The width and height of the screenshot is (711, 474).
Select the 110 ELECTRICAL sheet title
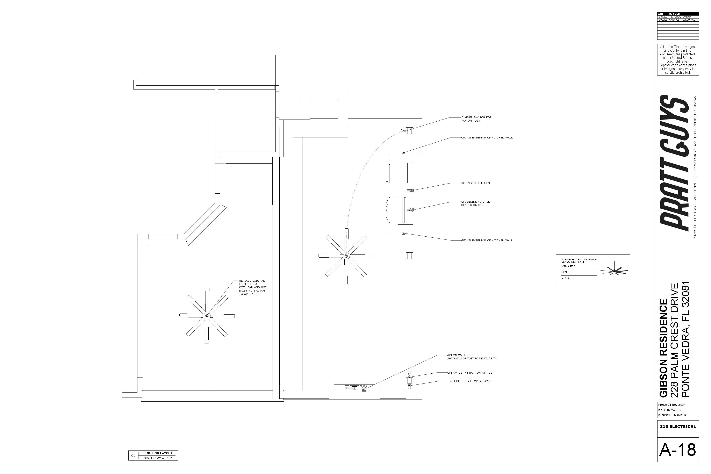pyautogui.click(x=678, y=426)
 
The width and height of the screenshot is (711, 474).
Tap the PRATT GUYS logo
pyautogui.click(x=674, y=163)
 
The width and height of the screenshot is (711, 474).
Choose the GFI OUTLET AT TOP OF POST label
pyautogui.click(x=470, y=381)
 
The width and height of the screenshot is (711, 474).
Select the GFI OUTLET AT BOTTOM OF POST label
pyautogui.click(x=470, y=373)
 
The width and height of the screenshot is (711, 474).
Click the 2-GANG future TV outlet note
pyautogui.click(x=472, y=359)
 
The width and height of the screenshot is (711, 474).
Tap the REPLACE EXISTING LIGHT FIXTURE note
pyautogui.click(x=253, y=287)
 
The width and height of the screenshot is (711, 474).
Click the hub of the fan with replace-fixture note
pyautogui.click(x=207, y=316)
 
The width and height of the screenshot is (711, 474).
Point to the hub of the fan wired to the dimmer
pyautogui.click(x=346, y=256)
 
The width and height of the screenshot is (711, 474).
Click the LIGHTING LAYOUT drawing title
pyautogui.click(x=158, y=453)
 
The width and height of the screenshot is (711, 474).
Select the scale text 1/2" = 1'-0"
pyautogui.click(x=158, y=458)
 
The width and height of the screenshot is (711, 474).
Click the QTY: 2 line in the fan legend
pyautogui.click(x=565, y=278)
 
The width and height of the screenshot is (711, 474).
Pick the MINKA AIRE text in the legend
pyautogui.click(x=568, y=266)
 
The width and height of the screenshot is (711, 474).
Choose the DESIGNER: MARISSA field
pyautogui.click(x=672, y=415)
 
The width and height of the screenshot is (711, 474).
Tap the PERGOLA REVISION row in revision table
pyautogui.click(x=680, y=17)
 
